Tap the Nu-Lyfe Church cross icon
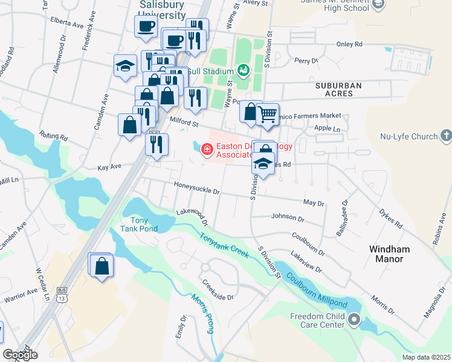[x=446, y=135]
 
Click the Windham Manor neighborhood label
[x=390, y=253]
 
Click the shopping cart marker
[x=267, y=113]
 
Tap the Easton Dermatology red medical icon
[x=207, y=148]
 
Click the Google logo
[x=20, y=355]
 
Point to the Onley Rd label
[x=349, y=44]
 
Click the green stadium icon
[x=243, y=71]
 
